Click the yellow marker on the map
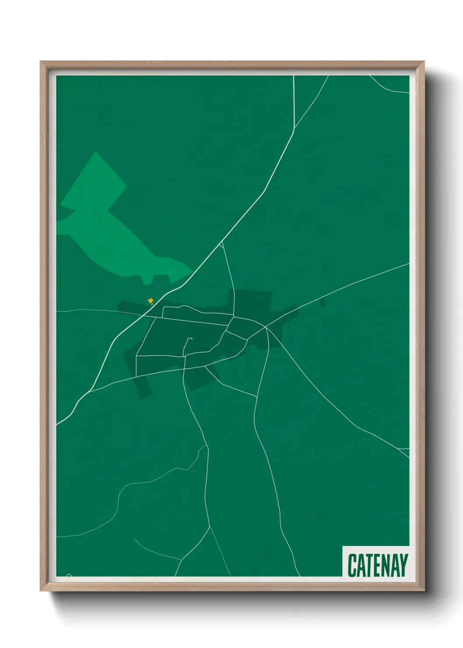[151, 301]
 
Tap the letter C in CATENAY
[352, 565]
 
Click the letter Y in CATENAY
[403, 565]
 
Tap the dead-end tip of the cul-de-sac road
[191, 338]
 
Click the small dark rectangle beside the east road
[323, 303]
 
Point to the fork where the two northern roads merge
[295, 128]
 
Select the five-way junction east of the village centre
[266, 327]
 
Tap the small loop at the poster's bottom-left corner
[69, 575]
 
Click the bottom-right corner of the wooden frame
[424, 591]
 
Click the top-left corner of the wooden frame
[41, 62]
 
